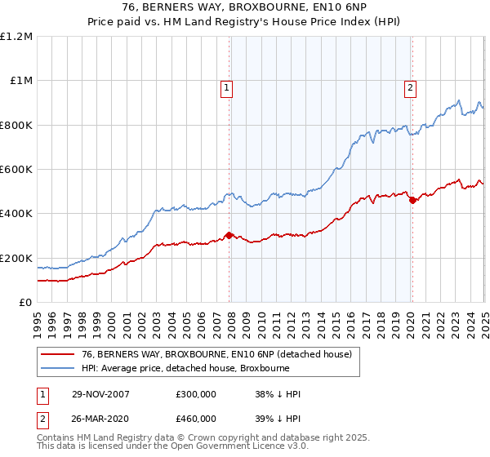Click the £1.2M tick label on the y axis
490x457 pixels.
[x=16, y=36]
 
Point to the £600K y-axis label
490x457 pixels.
[x=16, y=169]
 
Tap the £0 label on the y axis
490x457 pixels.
[x=25, y=302]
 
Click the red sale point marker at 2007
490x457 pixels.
[x=229, y=236]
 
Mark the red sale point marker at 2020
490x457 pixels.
[x=412, y=200]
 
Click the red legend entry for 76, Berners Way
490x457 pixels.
[x=216, y=355]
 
